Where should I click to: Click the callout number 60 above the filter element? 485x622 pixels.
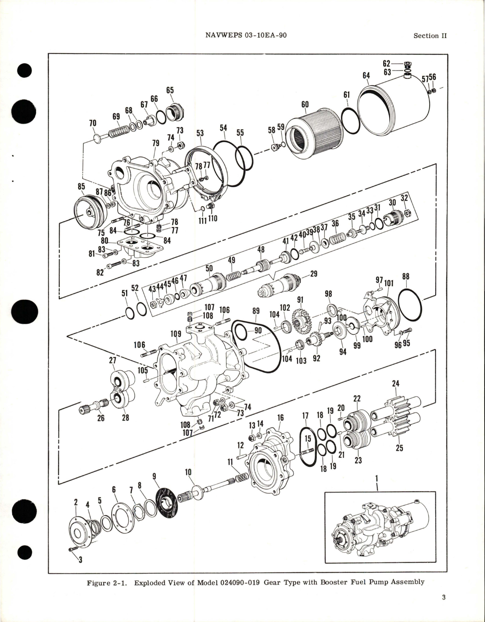[x=305, y=104]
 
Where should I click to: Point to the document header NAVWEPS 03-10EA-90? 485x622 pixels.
[x=246, y=35]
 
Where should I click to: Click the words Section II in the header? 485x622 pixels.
[x=430, y=36]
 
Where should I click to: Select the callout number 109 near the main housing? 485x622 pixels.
[x=175, y=334]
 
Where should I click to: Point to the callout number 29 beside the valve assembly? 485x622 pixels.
[x=314, y=274]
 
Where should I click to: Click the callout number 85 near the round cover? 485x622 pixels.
[x=81, y=187]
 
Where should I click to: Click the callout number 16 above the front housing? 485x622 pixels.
[x=280, y=418]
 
